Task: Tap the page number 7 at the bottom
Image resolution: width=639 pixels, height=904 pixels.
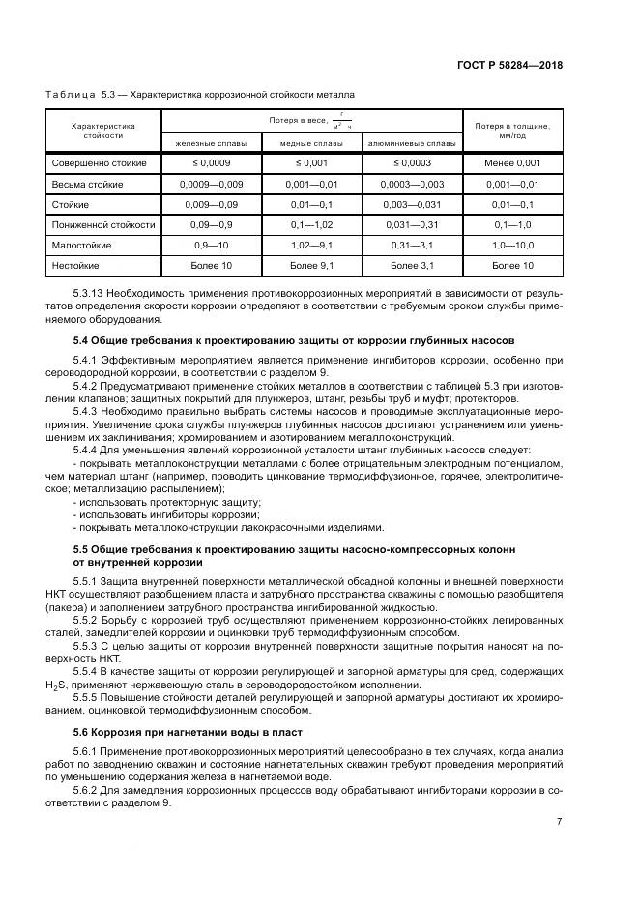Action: click(559, 822)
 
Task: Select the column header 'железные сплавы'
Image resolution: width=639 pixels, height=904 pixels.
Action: click(210, 143)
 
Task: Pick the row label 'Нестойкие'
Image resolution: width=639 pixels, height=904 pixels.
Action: click(78, 264)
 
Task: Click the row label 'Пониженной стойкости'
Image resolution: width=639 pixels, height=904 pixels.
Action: click(103, 224)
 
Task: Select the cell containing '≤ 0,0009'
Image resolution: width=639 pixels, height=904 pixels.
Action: click(210, 163)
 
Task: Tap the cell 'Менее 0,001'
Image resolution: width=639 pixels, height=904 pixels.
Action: click(512, 163)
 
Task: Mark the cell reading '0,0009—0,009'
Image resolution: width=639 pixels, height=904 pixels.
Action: click(210, 184)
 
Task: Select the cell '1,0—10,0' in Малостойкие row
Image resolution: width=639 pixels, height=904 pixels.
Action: click(512, 245)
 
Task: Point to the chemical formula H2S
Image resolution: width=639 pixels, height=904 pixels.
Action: click(55, 686)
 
